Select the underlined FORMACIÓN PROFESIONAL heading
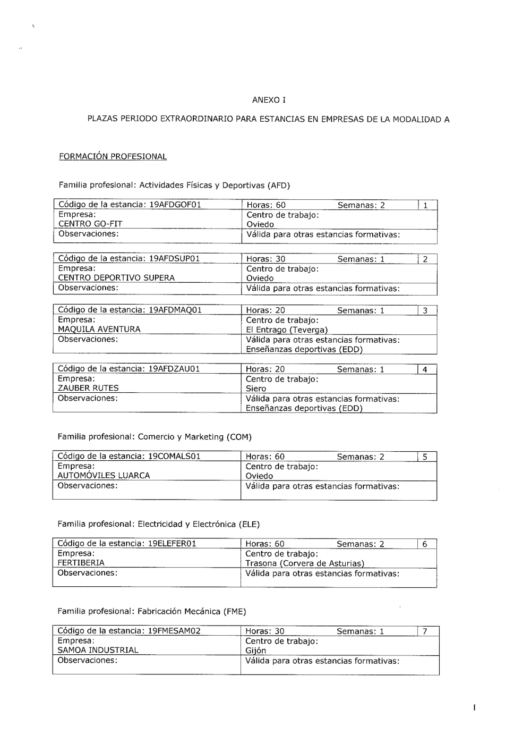tap(113, 156)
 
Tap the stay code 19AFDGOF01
tap(175, 205)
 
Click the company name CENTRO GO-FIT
tap(90, 224)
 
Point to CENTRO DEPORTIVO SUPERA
tap(116, 277)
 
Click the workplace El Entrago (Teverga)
tap(287, 330)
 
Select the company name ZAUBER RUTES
tap(88, 388)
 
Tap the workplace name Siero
tap(256, 389)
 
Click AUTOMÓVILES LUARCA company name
tap(104, 475)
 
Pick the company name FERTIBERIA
tap(81, 562)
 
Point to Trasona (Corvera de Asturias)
tap(305, 563)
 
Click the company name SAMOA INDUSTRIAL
tap(98, 649)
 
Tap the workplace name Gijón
tap(256, 650)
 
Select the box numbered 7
tap(425, 631)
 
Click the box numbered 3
tap(425, 311)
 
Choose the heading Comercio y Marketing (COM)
tap(194, 437)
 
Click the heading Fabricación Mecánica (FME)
tap(192, 611)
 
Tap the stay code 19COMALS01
tap(174, 456)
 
